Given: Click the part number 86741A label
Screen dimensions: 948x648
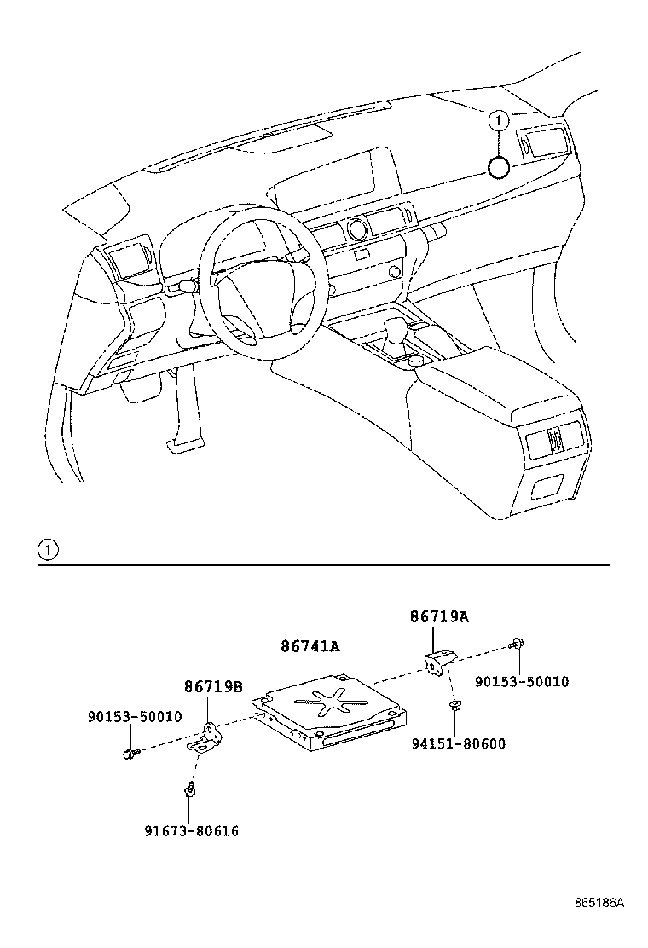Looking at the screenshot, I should pos(310,646).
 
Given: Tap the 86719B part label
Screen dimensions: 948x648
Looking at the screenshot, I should pos(213,686).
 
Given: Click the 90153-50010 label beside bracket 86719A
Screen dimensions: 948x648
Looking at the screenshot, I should pos(521,682).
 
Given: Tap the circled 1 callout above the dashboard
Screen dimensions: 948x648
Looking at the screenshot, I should pos(500,121).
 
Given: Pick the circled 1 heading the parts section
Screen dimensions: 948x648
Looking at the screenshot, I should pos(48,550).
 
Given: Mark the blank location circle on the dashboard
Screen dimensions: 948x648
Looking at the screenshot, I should pos(500,167).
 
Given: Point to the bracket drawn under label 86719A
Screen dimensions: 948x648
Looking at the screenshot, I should pos(438,661).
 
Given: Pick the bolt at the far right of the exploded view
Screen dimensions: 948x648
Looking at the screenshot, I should pos(517,645).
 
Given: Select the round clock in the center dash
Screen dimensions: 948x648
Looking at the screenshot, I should pos(356,228).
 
